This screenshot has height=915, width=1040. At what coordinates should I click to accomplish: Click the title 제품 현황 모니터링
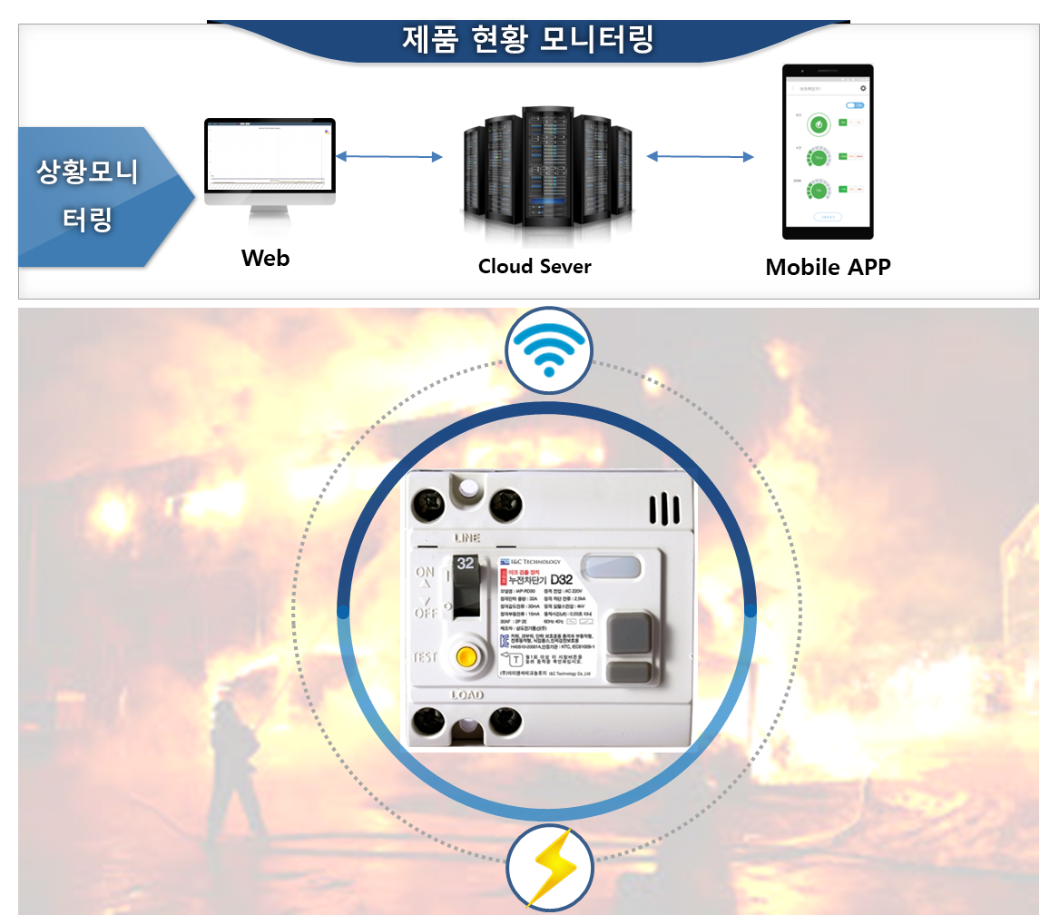point(527,41)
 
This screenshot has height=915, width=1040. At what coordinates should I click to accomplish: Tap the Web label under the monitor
point(265,258)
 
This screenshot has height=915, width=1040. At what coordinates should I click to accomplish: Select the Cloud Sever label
point(535,266)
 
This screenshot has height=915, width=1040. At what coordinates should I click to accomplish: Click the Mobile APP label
point(828,267)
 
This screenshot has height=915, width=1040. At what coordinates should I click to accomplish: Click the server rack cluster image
point(545,172)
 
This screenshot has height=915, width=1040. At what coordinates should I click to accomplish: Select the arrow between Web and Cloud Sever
point(389,157)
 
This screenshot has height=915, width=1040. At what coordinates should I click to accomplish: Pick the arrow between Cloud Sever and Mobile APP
point(700,156)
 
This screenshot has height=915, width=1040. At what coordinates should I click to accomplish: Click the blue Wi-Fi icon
point(548,350)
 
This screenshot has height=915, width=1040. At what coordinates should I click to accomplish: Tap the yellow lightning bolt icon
point(548,868)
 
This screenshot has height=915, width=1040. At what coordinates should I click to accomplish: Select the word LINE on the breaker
point(466,538)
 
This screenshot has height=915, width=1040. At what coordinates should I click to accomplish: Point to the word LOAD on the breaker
point(467,695)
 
